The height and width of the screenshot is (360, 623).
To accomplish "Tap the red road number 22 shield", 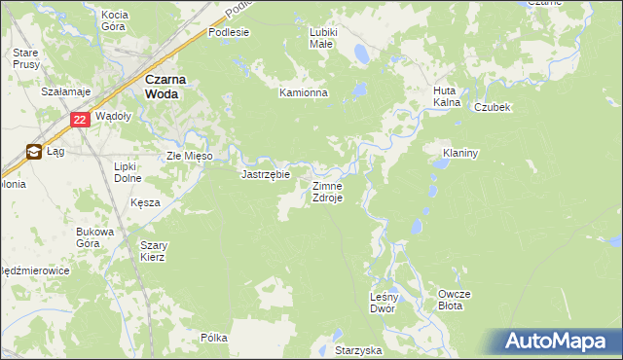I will pos(81,120).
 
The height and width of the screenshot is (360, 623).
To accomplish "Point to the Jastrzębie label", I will pos(266,175).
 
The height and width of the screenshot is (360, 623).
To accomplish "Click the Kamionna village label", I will pos(304,93).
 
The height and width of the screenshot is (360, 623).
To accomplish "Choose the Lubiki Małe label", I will pos(322,38).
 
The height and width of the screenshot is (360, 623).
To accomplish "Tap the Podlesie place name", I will pos(229,32).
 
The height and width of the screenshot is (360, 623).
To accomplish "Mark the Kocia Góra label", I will pos(114,21).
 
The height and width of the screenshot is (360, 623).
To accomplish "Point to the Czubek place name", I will pos(493,108).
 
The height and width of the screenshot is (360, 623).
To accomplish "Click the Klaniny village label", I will pos(458,154).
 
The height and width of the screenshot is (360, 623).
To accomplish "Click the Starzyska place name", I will pos(358,348).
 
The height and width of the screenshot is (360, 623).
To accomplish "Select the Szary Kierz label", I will pos(153,251).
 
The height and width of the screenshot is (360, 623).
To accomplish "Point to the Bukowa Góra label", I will pos(94,237).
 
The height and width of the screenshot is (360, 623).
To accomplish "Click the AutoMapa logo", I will pos(560,342).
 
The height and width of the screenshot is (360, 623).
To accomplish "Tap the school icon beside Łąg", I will pos(34,152).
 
